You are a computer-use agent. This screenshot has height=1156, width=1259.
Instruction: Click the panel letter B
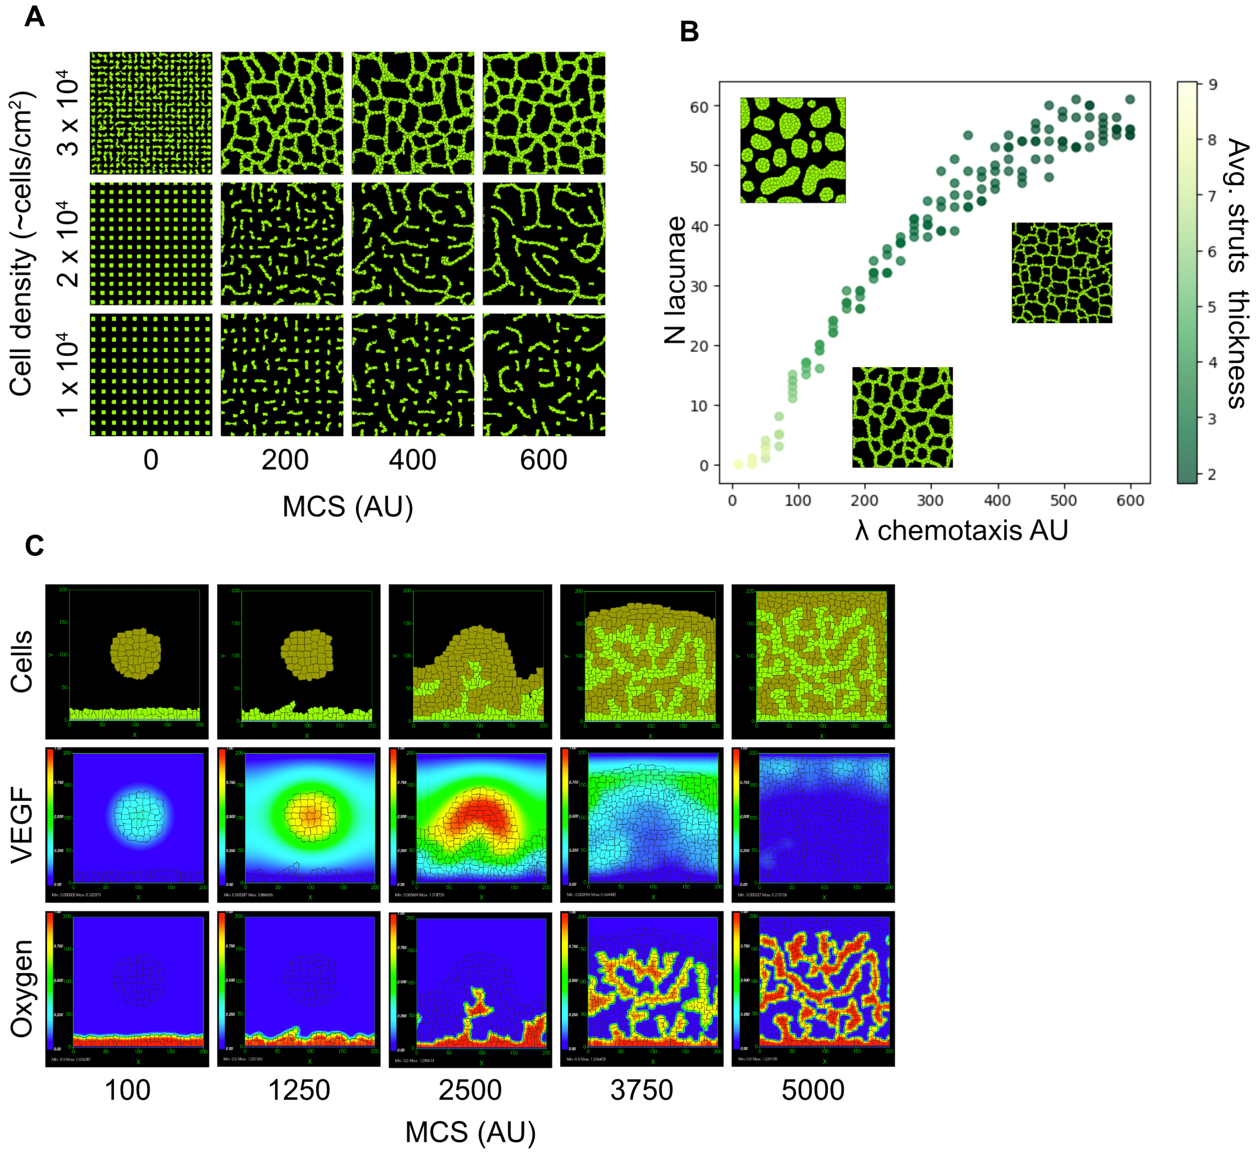click(689, 31)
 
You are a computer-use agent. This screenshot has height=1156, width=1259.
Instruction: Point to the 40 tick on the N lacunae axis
click(699, 226)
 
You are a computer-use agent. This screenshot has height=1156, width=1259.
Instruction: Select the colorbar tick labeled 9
click(1212, 85)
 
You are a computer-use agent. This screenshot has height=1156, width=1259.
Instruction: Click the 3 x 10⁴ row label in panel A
click(69, 113)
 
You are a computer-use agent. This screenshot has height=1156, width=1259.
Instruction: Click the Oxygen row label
click(22, 988)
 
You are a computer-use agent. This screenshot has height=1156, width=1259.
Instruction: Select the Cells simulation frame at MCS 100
click(127, 662)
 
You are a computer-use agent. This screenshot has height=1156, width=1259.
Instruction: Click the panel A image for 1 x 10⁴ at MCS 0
click(151, 375)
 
